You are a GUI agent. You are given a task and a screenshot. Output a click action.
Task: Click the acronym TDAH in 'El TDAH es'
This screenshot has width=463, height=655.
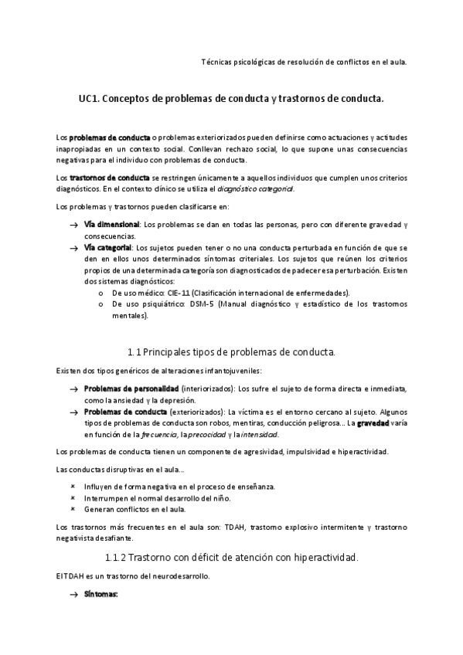(x=74, y=577)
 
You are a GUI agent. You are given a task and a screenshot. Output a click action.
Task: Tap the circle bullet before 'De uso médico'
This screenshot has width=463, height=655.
(x=102, y=294)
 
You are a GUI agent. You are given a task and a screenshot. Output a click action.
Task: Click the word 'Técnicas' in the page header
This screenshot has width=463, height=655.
(x=216, y=61)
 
